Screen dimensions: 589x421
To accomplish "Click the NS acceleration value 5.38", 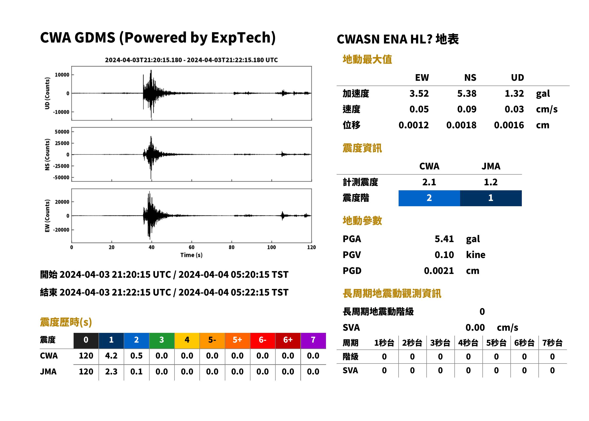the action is click(466, 94).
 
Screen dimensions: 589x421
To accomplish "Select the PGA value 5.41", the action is click(444, 239).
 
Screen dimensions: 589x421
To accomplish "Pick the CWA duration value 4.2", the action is click(111, 356).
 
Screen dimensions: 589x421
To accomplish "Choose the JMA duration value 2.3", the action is click(111, 372).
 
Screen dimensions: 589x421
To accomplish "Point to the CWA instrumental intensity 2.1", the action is click(429, 182).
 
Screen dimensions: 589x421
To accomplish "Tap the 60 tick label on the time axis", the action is click(191, 247).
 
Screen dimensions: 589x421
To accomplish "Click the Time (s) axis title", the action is click(191, 255).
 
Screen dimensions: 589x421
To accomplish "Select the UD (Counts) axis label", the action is click(47, 93).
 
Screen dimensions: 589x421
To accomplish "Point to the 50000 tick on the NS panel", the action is click(62, 132).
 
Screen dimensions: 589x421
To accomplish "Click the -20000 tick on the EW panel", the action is click(61, 230).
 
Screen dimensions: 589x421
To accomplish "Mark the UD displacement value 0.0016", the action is click(509, 125).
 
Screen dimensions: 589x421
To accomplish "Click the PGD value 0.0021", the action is click(439, 271).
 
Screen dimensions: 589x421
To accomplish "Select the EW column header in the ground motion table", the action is click(422, 78).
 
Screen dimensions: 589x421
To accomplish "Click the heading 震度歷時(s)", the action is click(66, 322).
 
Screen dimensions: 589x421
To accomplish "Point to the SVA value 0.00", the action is click(475, 328).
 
